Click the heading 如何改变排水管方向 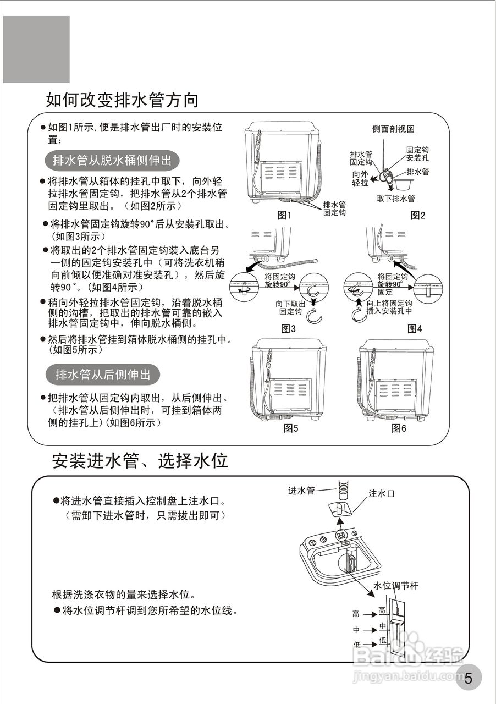point(122,100)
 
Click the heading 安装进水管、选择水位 point(140,460)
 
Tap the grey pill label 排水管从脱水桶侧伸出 point(112,160)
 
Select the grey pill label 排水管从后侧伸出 point(102,375)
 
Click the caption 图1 point(284,216)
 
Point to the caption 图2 point(418,216)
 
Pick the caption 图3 point(289,329)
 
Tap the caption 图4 point(415,329)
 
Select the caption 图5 point(291,428)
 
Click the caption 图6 point(399,428)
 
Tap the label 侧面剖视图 point(393,129)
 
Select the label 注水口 point(382,493)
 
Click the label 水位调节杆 point(396,586)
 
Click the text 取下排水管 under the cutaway point(396,199)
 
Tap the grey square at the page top point(36,50)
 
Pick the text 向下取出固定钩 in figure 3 point(290,307)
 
